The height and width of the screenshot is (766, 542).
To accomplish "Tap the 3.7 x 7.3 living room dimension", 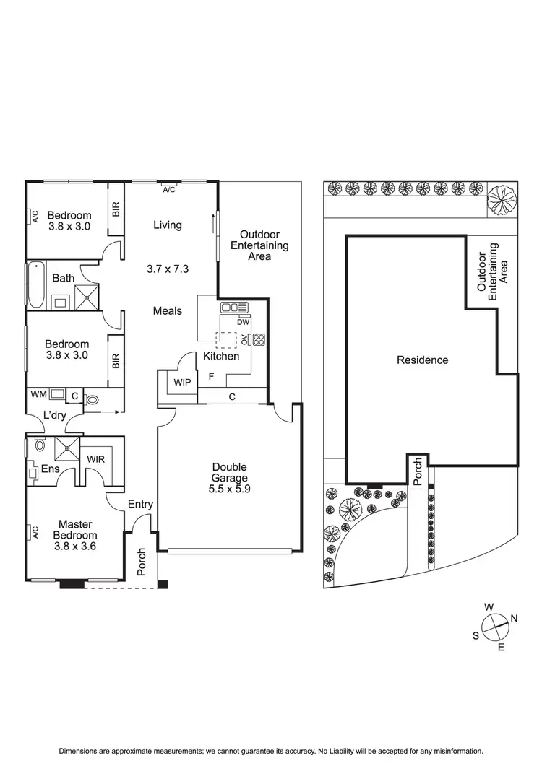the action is click(167, 269).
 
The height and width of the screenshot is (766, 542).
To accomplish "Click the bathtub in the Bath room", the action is click(36, 287).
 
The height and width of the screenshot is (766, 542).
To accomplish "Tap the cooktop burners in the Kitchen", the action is click(259, 340).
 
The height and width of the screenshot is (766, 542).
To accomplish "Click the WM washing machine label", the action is click(38, 394).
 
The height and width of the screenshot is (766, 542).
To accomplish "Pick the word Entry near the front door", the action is click(140, 504).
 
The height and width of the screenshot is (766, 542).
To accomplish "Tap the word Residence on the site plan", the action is click(423, 360).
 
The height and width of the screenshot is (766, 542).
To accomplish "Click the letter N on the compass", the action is click(514, 618).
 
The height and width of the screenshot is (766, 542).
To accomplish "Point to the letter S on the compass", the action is click(476, 635).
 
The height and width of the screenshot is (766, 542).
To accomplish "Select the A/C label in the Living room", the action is click(169, 190).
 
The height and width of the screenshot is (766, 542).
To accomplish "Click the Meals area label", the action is click(167, 311).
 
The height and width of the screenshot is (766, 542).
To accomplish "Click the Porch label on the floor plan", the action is click(142, 562).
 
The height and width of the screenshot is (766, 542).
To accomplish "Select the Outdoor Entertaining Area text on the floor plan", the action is click(259, 245).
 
